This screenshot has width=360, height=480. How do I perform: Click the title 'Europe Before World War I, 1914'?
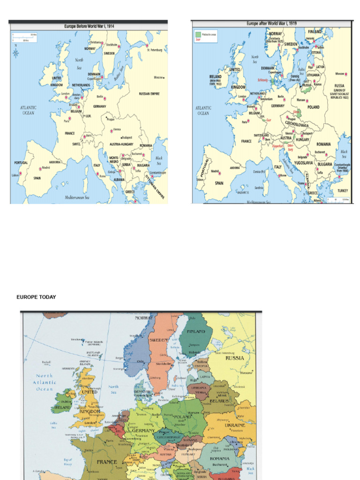89,27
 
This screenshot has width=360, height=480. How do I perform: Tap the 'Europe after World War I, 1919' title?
272,23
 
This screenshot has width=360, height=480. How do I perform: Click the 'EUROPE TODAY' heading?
36,297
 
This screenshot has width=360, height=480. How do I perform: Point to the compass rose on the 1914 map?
16,52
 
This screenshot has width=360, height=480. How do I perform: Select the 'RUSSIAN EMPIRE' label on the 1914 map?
149,94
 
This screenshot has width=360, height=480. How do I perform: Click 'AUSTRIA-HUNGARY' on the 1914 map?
121,144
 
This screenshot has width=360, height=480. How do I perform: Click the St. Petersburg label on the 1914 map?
154,50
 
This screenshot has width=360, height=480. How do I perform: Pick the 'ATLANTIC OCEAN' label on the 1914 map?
28,110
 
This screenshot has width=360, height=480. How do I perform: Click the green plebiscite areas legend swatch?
197,34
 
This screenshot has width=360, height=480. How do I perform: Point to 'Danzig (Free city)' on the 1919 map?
294,78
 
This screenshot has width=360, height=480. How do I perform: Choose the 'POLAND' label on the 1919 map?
313,107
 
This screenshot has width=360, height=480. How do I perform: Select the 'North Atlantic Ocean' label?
45,382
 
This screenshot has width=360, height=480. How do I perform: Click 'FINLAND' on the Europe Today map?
196,331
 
